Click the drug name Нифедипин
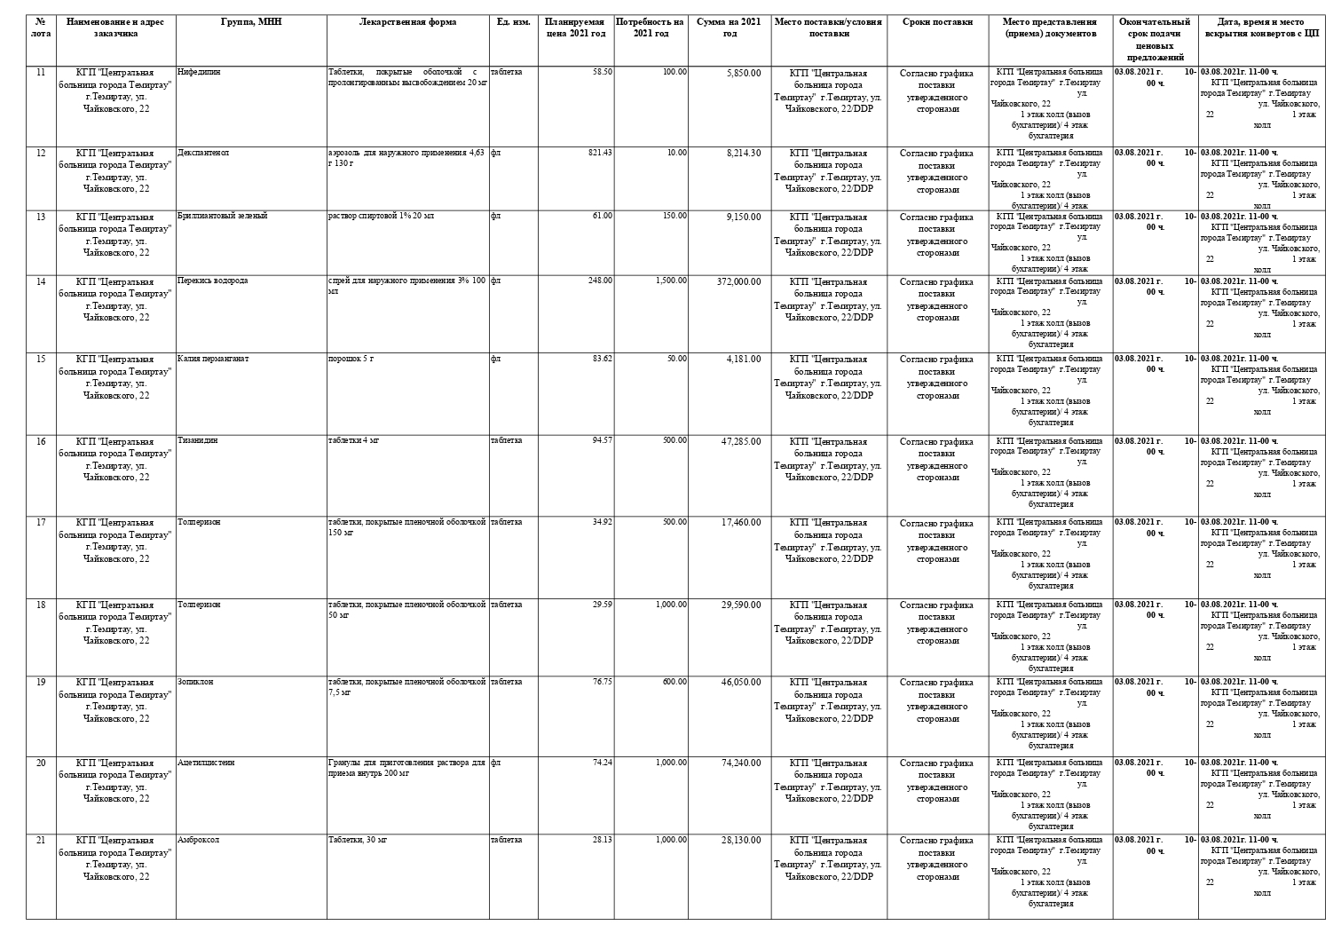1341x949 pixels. point(199,72)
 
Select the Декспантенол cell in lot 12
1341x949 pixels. point(203,153)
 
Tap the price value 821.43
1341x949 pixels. point(600,153)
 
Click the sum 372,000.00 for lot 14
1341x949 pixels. point(738,281)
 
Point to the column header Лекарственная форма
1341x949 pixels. point(407,22)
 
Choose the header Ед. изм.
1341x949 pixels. point(513,22)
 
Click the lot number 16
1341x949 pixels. point(41,441)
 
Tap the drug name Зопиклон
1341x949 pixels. point(195,682)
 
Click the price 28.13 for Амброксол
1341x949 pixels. point(602,840)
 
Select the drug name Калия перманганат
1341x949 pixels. point(213,359)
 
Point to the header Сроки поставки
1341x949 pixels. point(937,22)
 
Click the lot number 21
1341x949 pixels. point(41,840)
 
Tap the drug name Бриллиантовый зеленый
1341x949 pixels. point(222,216)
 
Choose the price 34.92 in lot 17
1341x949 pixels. point(602,522)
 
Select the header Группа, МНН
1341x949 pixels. point(251,22)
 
